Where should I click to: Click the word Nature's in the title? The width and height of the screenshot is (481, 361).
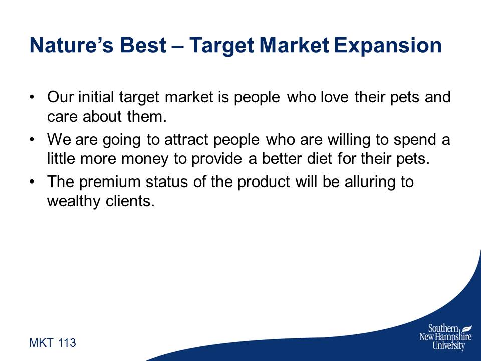72,45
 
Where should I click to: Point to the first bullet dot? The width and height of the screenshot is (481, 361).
31,97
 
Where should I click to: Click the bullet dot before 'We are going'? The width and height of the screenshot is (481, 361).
31,140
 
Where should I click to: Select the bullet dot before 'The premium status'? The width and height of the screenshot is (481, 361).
31,182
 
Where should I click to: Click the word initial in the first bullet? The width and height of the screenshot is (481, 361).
96,97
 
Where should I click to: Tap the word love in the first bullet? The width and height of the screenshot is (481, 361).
335,97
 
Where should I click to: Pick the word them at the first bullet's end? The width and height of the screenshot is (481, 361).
147,117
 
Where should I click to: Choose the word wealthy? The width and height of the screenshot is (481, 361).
74,202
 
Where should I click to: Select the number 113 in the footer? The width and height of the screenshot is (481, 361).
67,343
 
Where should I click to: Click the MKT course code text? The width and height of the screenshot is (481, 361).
41,343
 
